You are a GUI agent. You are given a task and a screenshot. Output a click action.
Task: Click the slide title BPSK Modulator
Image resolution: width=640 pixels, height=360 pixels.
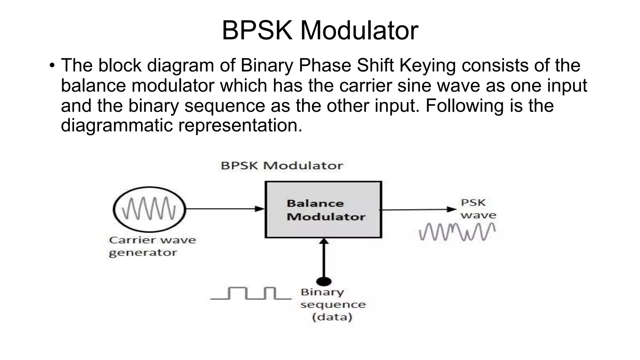point(320,30)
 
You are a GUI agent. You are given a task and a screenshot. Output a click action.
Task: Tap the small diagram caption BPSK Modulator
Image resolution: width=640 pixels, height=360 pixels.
point(282,166)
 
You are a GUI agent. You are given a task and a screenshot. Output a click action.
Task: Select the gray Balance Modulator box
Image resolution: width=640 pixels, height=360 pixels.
point(323,210)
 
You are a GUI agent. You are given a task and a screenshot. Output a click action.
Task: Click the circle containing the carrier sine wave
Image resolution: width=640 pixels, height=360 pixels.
point(149,209)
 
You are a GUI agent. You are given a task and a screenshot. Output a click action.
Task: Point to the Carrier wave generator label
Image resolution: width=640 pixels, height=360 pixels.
point(152,246)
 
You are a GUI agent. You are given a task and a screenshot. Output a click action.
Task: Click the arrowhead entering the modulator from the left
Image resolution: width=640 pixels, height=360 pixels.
point(260,209)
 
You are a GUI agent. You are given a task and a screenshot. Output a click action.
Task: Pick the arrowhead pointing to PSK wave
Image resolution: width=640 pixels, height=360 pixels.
point(452,209)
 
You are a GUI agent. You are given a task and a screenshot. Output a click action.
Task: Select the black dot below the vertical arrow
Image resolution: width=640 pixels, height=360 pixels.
point(324,281)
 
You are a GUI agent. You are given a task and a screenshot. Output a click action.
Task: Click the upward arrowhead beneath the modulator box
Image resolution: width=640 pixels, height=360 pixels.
point(324,241)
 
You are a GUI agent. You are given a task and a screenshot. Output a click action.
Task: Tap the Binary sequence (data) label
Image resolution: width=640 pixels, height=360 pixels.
point(332,304)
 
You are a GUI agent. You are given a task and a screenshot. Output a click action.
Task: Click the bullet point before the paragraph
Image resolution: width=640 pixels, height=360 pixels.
point(52,66)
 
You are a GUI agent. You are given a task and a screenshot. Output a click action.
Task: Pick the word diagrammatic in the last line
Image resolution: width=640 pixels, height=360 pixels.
point(117,125)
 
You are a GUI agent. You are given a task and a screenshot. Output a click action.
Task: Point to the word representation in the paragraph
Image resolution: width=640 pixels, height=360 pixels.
point(240,125)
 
